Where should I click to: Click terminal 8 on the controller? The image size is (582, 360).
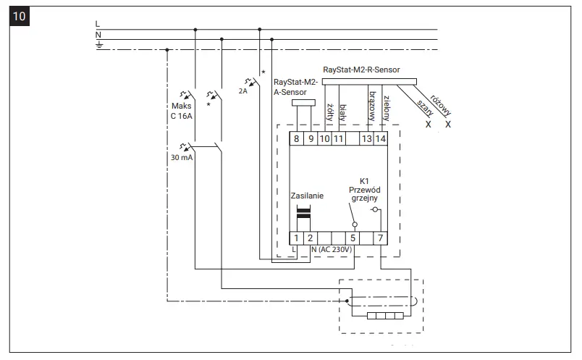[x=296, y=138]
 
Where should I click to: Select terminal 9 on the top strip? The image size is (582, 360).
[x=310, y=138]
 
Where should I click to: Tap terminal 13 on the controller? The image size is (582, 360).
[x=367, y=138]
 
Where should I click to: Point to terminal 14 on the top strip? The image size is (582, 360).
[x=381, y=138]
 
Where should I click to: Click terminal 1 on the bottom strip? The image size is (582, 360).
[x=296, y=237]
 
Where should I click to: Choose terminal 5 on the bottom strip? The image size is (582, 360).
[x=353, y=237]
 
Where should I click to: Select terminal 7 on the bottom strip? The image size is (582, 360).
[x=381, y=237]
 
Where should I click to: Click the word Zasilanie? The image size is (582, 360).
[x=307, y=196]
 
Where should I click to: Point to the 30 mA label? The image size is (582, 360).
[x=180, y=158]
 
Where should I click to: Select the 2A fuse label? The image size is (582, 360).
[x=243, y=92]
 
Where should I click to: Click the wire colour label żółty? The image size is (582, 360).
[x=329, y=111]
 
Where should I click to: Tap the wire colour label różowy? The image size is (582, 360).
[x=440, y=105]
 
